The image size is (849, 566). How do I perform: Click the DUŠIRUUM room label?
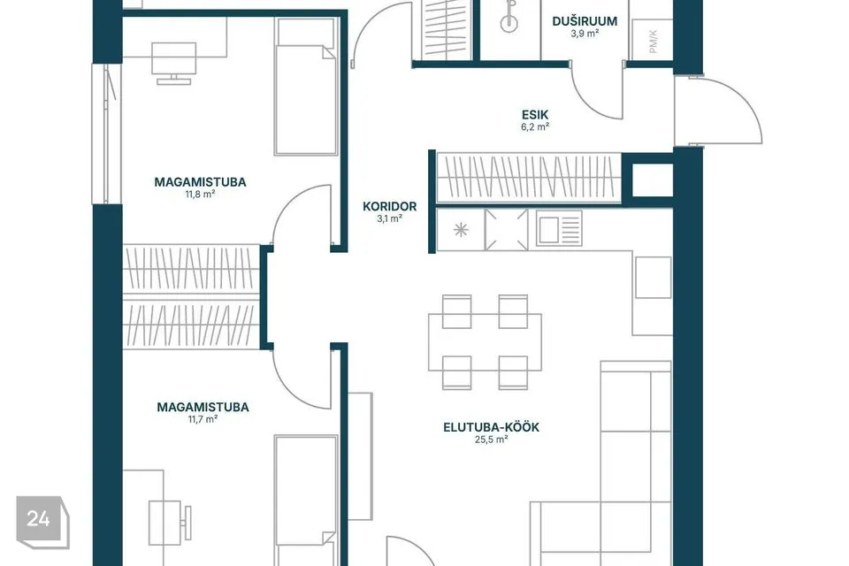[x=585, y=21]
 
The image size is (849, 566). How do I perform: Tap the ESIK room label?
[x=535, y=115]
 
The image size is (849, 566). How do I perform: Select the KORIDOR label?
[x=389, y=206]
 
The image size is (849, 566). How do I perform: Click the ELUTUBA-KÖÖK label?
[x=491, y=427]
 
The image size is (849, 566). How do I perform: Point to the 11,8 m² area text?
[x=201, y=194]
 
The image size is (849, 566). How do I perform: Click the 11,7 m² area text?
[x=203, y=418]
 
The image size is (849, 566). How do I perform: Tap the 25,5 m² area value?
[x=491, y=440]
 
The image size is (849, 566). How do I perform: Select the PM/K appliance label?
[x=653, y=42]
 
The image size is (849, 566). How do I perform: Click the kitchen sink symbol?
[x=559, y=228]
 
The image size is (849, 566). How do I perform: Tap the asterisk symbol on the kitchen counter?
[x=461, y=230]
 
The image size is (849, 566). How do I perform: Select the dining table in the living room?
[x=485, y=341]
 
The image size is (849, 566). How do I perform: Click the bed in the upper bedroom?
[x=307, y=86]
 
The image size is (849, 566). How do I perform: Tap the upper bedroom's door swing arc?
[x=293, y=207]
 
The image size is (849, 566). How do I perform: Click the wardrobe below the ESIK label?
[x=529, y=178]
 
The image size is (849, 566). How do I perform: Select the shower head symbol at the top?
[x=509, y=16]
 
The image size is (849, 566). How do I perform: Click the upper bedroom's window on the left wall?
[x=107, y=134]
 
